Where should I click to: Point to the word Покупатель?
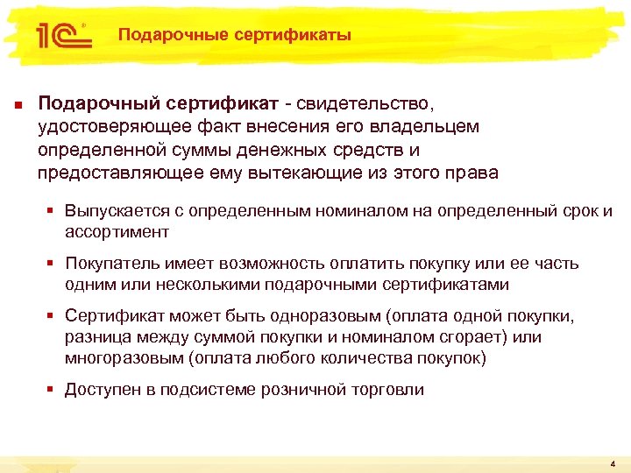click(110, 264)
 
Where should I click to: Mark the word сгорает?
click(460, 337)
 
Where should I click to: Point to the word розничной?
click(302, 390)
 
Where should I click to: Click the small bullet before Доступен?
click(53, 390)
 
